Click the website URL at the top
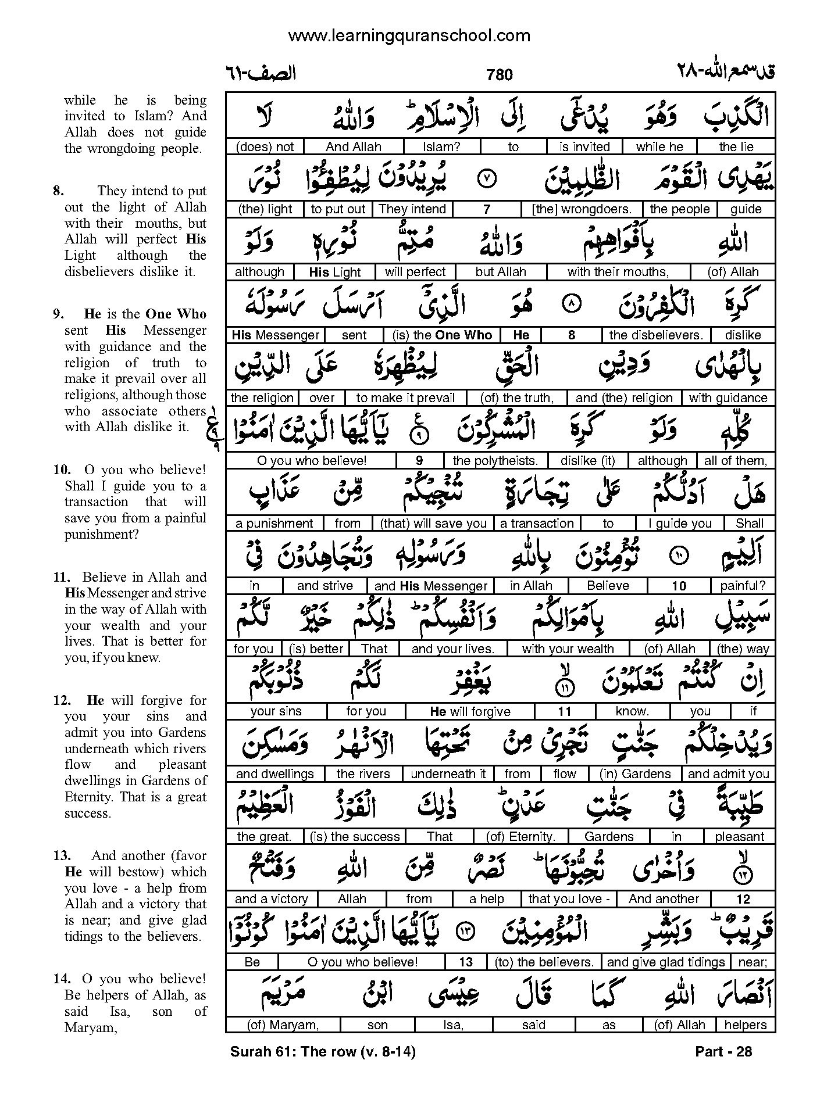tap(409, 36)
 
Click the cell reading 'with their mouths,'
tap(618, 272)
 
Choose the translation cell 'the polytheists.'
tap(495, 461)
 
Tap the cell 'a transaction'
tap(537, 524)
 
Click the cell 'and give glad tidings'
tap(666, 962)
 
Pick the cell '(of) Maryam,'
tap(283, 1025)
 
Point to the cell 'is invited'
tap(584, 147)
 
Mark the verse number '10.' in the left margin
tap(62, 470)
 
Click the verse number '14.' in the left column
tap(62, 979)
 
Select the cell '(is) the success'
tap(355, 837)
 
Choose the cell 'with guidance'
tap(728, 398)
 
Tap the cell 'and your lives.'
tap(452, 649)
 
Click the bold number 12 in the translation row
tap(743, 900)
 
